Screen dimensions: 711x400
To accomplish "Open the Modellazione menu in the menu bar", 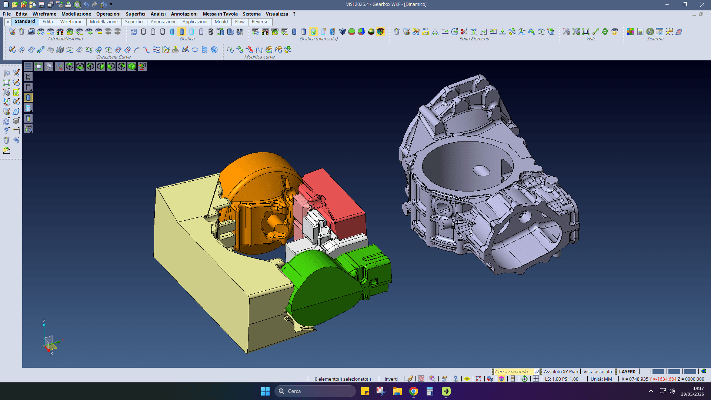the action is click(x=76, y=14).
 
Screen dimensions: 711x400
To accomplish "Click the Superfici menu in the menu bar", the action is click(x=136, y=14).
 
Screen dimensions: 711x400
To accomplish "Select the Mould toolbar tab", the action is click(x=221, y=22).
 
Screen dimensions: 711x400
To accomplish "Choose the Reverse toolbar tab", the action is click(x=260, y=22).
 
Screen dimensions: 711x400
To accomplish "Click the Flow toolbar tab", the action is click(x=240, y=22).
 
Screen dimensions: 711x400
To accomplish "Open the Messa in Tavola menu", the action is click(x=220, y=14).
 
